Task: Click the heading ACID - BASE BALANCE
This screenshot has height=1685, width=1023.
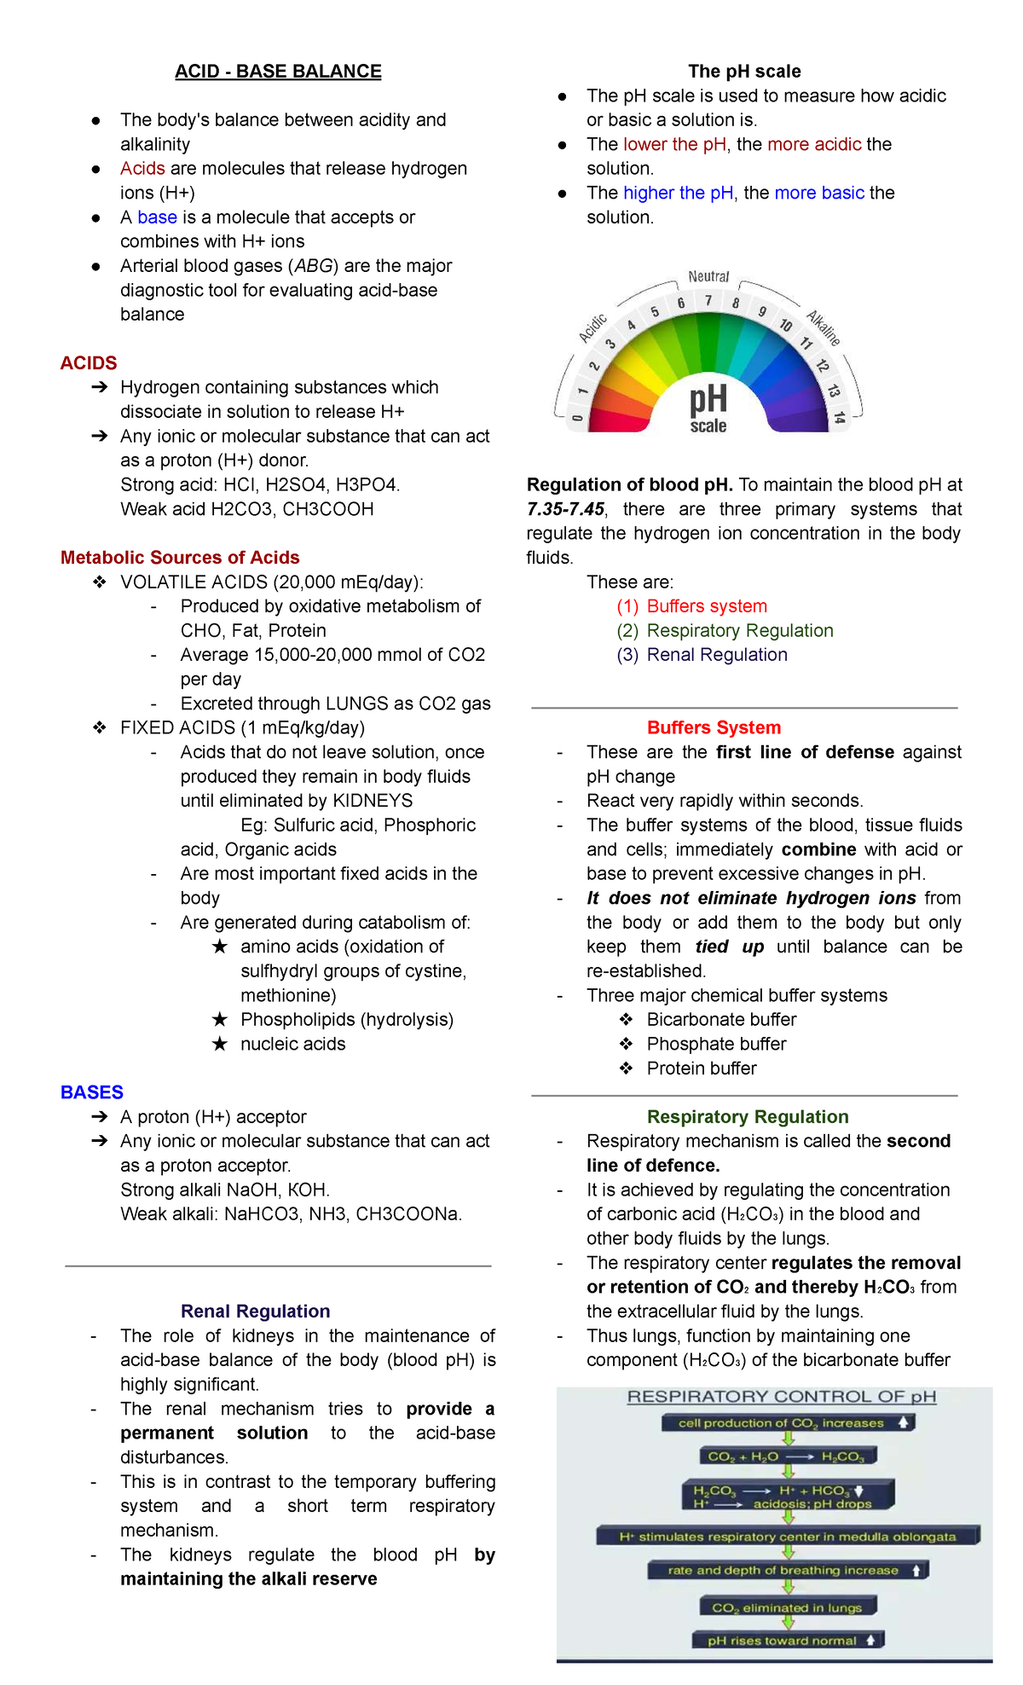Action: pos(278,72)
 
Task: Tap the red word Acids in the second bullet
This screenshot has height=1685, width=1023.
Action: pos(142,169)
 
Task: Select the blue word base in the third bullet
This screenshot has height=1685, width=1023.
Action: pos(157,217)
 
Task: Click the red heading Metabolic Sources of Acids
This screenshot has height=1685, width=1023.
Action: pos(180,558)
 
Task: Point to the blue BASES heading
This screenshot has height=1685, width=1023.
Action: pos(92,1092)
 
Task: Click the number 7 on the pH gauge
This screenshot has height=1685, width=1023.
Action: pos(708,300)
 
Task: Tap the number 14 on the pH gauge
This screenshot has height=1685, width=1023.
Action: pos(839,417)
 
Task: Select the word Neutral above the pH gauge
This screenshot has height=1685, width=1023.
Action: pos(708,276)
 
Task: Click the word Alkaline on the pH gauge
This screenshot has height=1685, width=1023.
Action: pos(824,327)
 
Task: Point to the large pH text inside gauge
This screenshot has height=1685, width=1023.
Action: pos(708,399)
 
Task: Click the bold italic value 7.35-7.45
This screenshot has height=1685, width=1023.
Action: pos(566,509)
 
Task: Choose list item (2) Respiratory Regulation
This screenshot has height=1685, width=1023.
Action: pos(725,631)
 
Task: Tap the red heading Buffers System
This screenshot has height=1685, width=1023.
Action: pos(714,728)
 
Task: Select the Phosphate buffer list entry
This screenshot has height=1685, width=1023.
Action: pos(716,1045)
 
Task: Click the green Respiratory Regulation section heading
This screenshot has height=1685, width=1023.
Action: pos(748,1117)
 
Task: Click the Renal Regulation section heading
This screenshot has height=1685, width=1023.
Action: pos(255,1312)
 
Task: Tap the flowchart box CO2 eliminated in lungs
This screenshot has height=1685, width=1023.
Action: pos(787,1607)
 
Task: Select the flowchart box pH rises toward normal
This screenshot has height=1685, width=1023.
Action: pos(787,1640)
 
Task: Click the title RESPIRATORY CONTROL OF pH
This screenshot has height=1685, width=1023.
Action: pos(781,1397)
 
